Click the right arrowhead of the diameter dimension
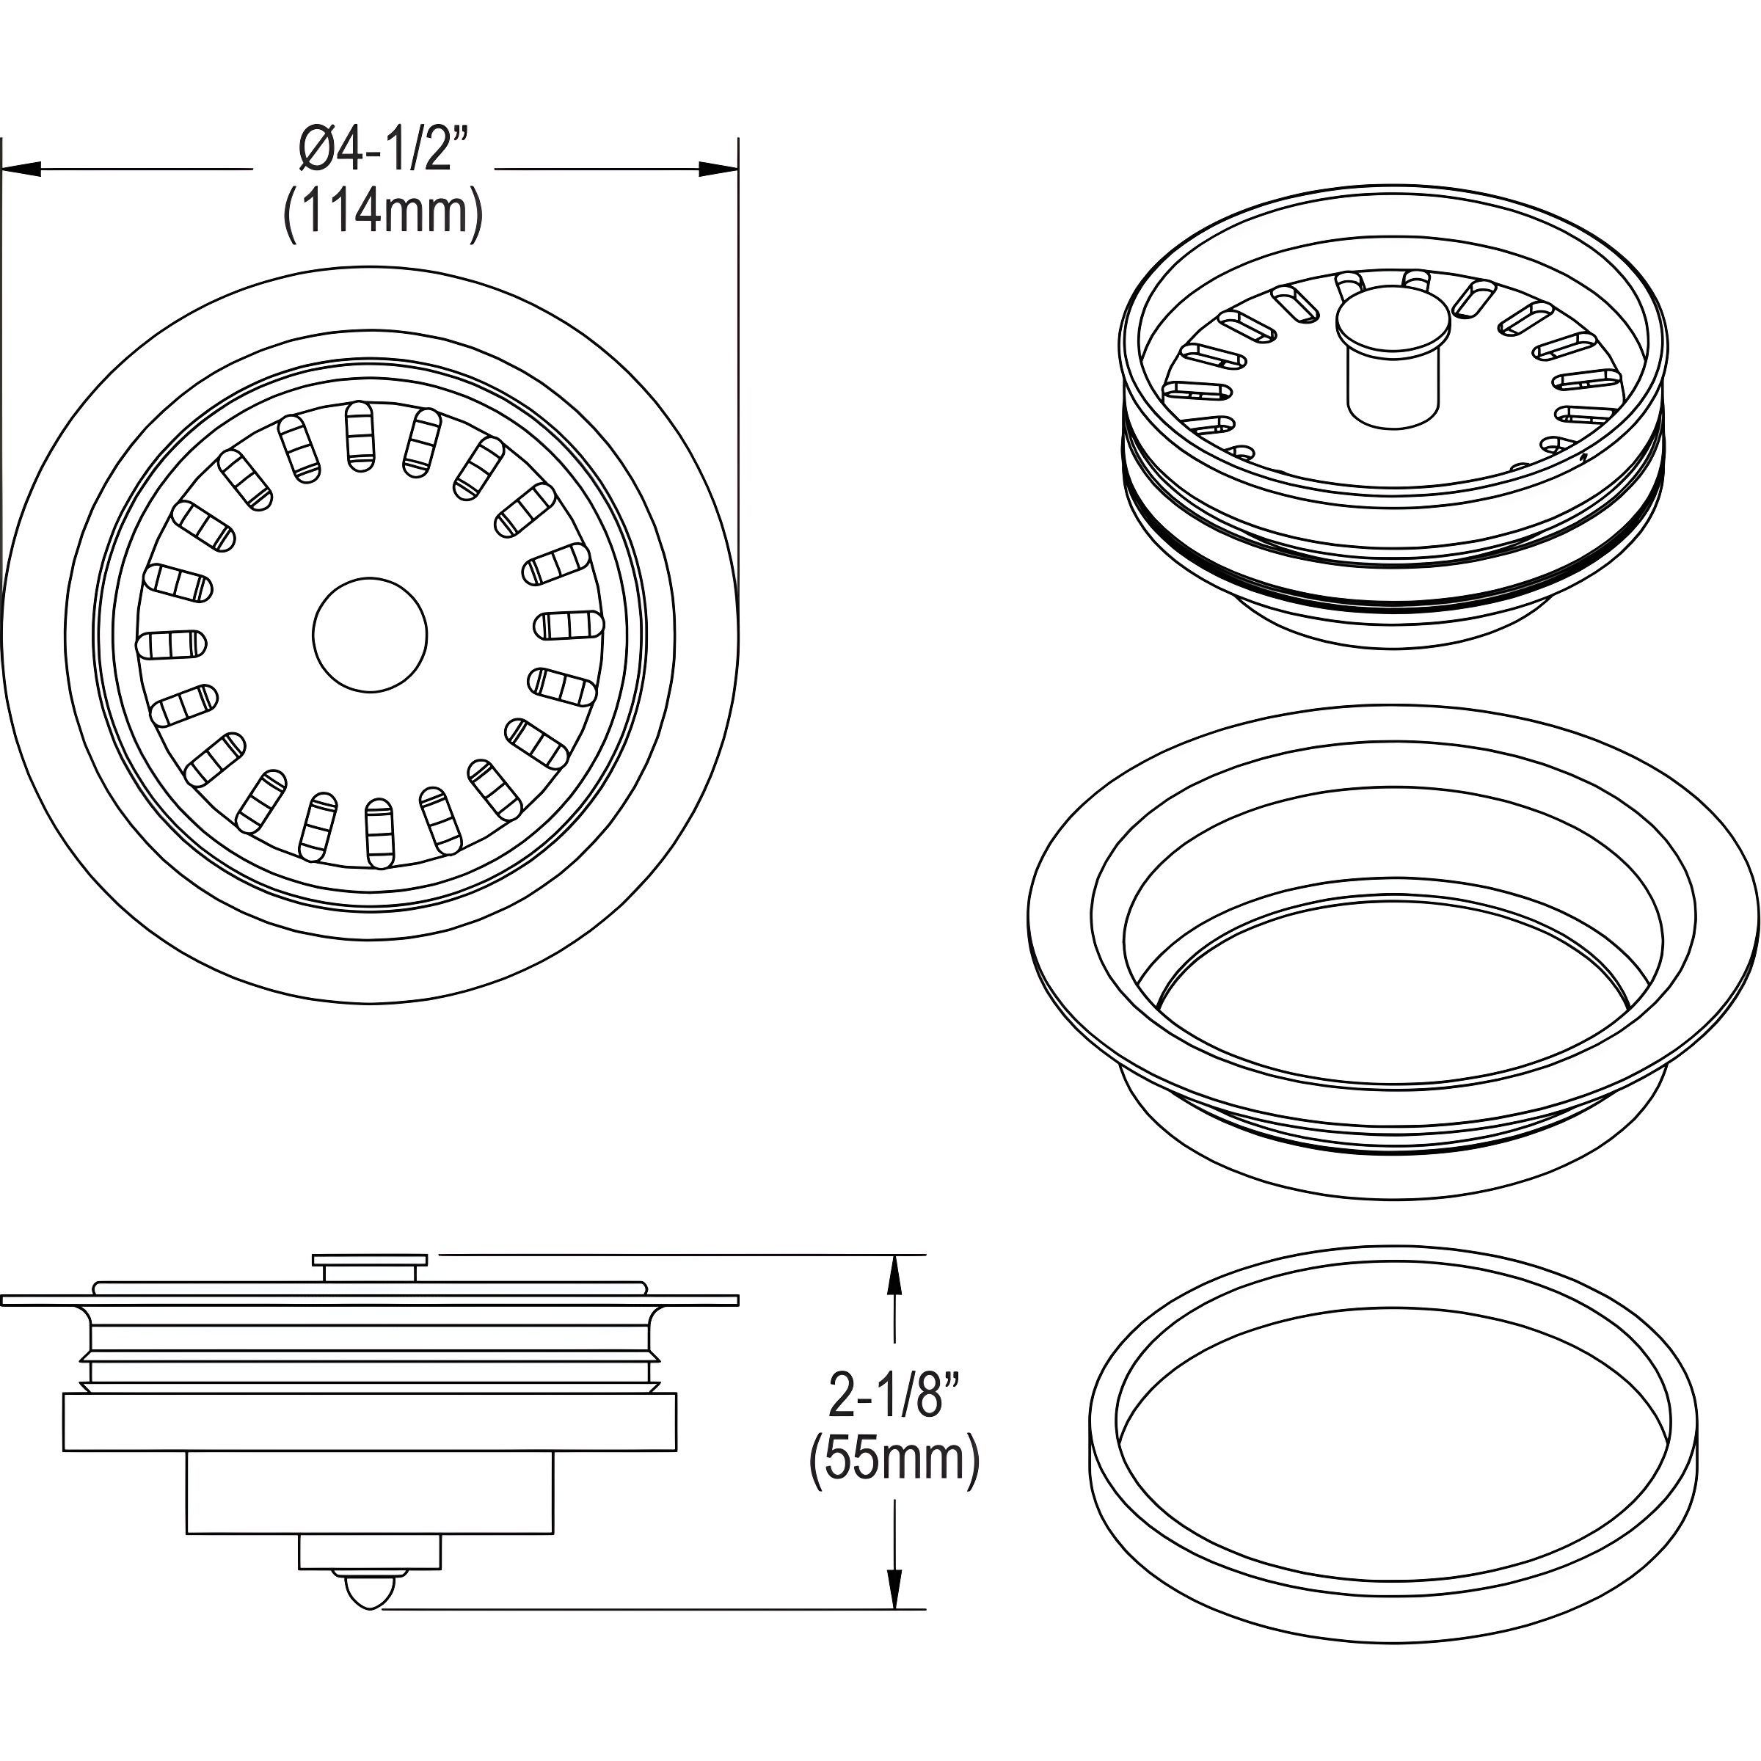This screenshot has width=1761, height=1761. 718,169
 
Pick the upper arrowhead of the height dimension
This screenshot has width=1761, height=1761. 895,1275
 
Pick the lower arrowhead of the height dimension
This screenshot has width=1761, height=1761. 895,1588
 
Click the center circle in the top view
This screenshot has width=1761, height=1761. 369,635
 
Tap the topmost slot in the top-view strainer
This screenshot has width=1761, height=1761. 359,437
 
